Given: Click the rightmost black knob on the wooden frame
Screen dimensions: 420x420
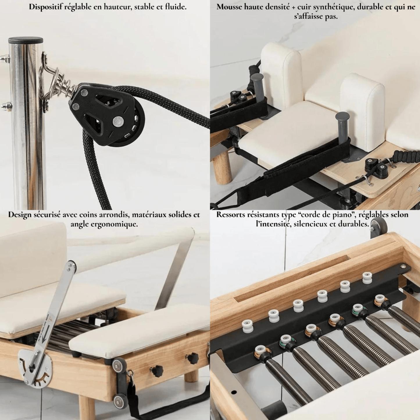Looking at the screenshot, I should click(x=193, y=358).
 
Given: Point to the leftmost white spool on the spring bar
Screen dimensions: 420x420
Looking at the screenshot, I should click(x=247, y=326).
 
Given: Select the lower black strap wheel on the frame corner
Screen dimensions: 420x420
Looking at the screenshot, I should click(x=119, y=398).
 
